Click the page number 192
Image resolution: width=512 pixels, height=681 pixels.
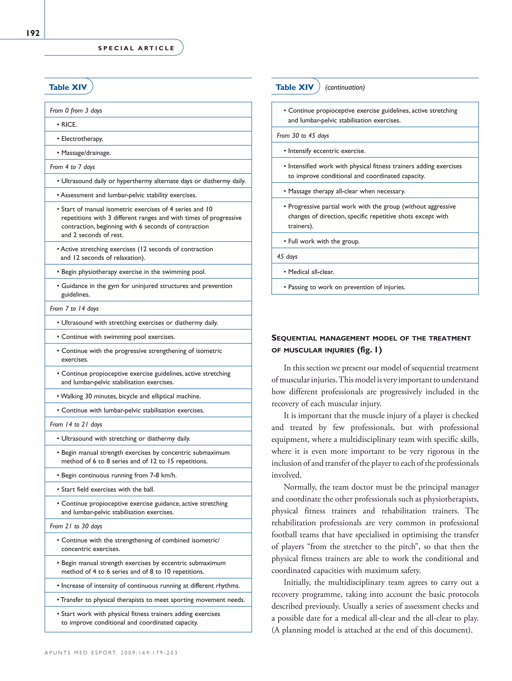[33, 33]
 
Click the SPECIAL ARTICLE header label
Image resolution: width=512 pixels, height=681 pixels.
[136, 48]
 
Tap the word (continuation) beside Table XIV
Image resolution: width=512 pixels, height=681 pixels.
[344, 87]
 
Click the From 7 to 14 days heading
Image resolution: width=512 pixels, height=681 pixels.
[74, 308]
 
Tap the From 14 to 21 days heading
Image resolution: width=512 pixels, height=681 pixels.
[76, 424]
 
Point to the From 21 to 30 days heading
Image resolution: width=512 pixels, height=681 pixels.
[76, 526]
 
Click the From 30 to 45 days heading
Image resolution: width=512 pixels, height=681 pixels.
[303, 135]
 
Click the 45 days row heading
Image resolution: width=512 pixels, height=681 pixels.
[287, 256]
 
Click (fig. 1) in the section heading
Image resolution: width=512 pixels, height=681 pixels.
[369, 350]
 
